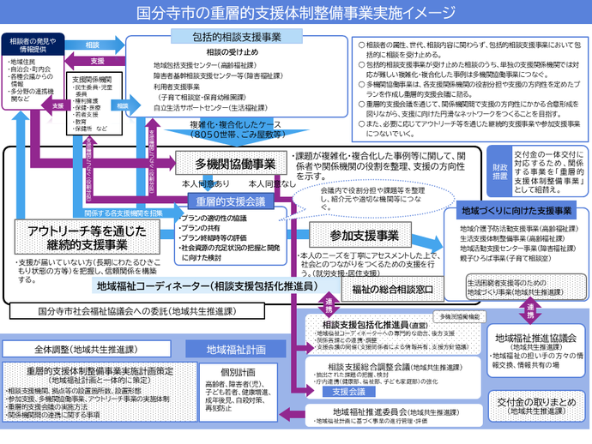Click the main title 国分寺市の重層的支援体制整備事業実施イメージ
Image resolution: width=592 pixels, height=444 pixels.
pos(296,13)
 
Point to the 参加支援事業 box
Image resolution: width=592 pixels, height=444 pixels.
pos(365,235)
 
